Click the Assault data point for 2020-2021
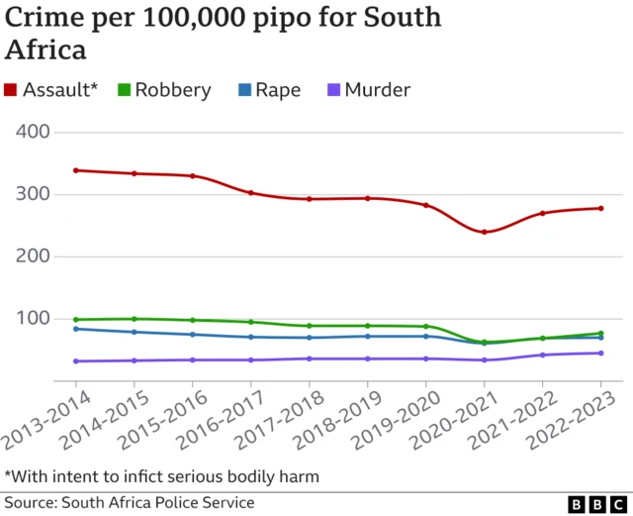pos(485,232)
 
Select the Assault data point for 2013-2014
pos(76,170)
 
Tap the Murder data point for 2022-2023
pos(601,353)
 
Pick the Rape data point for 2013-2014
pos(76,329)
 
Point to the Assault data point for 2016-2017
pos(251,193)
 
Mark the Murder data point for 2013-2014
pos(76,361)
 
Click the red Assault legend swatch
pos(11,91)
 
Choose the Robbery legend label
pos(173,90)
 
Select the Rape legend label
pos(278,90)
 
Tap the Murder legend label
pos(377,90)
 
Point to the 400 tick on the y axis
pos(43,132)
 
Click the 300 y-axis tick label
pos(43,194)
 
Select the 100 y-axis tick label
pos(43,318)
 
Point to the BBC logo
pos(588,503)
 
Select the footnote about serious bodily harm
pos(162,476)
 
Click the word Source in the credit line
pos(30,503)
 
